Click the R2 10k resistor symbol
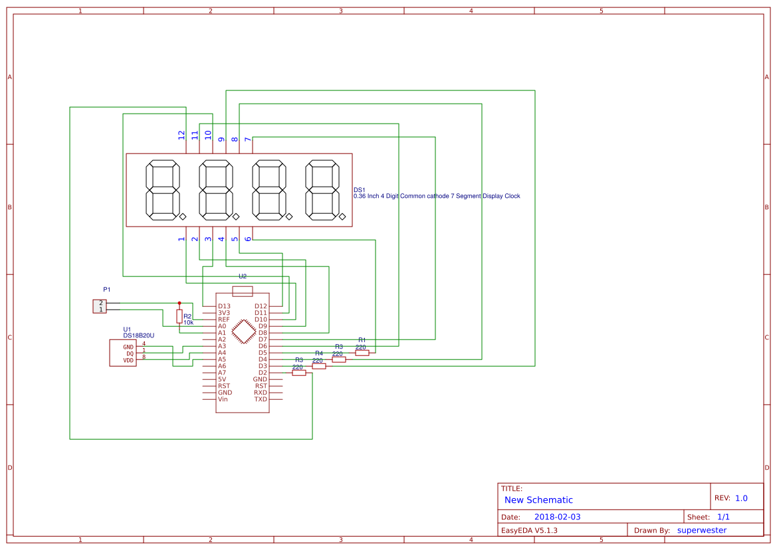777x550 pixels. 179,316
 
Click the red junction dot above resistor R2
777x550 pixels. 179,303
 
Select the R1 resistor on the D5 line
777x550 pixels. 362,353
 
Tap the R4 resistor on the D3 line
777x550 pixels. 319,367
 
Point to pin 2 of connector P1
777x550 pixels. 101,303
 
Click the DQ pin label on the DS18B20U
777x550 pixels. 130,354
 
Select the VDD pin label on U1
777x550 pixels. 128,361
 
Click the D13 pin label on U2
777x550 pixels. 224,306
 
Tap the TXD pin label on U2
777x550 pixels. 261,399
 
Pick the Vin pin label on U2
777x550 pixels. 223,399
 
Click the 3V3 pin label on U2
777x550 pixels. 224,313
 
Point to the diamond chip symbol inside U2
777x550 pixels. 244,331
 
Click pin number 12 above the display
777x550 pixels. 181,135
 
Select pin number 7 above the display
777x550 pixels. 248,139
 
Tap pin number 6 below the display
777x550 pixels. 248,238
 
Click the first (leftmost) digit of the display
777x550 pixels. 163,190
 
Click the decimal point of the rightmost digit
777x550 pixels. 342,217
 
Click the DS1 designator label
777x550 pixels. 360,189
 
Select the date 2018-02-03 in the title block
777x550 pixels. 557,517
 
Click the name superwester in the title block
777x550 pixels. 702,530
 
